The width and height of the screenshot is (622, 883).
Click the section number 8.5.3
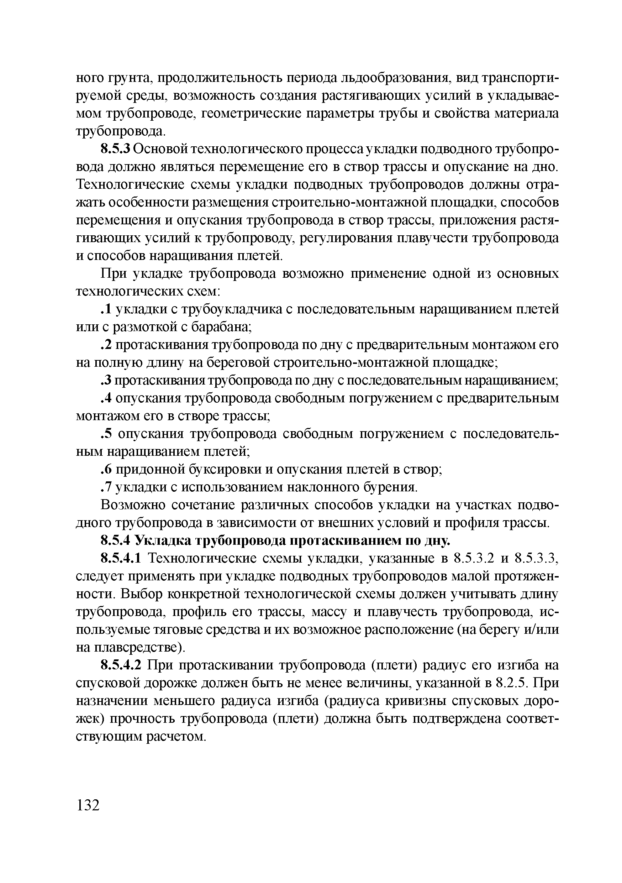(x=116, y=149)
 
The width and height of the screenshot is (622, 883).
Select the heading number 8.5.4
(x=116, y=541)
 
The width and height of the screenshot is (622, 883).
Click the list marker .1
(x=106, y=309)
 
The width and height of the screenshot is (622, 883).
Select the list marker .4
(x=106, y=398)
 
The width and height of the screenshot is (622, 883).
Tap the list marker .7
(x=106, y=487)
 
